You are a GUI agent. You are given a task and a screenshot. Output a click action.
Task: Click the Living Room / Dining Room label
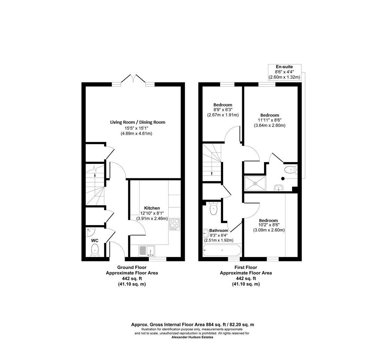point(138,122)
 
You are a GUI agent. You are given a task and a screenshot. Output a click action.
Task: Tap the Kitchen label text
point(152,208)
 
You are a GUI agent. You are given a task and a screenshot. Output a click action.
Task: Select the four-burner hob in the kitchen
point(175,224)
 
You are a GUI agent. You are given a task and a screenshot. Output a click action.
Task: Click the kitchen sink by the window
point(147,250)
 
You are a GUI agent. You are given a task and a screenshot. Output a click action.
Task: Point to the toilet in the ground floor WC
point(95,250)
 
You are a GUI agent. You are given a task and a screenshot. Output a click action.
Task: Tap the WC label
point(95,240)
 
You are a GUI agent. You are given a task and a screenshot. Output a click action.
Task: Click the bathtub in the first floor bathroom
point(221,250)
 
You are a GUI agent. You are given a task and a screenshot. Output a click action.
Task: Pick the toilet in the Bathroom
point(213,209)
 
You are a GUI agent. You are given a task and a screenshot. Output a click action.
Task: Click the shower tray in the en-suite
point(255,183)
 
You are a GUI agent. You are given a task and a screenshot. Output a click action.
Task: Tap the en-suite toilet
point(291,170)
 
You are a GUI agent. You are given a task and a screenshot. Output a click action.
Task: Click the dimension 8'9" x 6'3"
point(223,110)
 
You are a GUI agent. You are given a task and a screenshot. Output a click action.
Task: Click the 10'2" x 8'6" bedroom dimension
point(269,225)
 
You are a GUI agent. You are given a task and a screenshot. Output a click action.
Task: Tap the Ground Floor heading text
point(132,267)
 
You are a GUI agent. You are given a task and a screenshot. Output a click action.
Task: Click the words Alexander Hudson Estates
point(192,337)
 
